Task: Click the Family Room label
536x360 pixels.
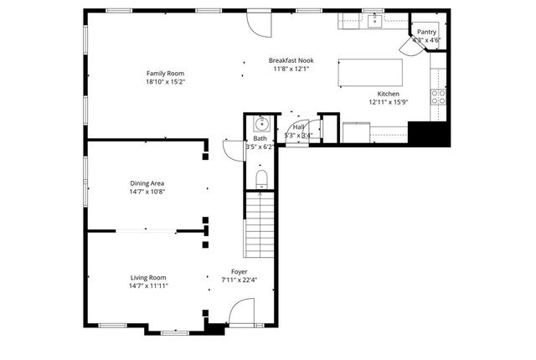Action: (x=165, y=74)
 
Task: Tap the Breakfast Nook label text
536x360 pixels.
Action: (x=291, y=60)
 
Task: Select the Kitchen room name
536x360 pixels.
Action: (x=388, y=94)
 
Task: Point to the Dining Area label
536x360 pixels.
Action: (x=147, y=183)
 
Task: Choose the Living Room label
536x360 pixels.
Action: (x=148, y=277)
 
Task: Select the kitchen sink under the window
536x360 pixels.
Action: (x=374, y=20)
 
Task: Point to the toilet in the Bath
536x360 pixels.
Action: (x=261, y=177)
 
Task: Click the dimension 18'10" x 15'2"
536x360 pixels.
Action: (x=165, y=82)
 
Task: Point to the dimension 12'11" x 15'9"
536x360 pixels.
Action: (x=388, y=102)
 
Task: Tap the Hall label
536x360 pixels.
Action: (x=299, y=126)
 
